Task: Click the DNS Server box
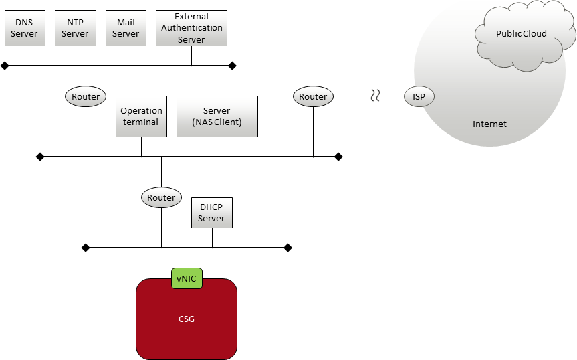point(25,28)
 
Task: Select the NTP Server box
point(76,28)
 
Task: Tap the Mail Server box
point(126,28)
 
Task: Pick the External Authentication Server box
point(191,28)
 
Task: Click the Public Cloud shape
point(523,35)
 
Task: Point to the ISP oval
point(419,96)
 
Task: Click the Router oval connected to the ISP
point(313,96)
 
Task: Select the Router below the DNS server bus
point(86,96)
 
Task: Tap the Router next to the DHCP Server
point(161,197)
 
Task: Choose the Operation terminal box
point(141,116)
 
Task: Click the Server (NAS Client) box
point(217,116)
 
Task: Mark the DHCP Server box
point(212,213)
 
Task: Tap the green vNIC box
point(187,278)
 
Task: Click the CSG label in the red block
point(186,319)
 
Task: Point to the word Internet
point(489,124)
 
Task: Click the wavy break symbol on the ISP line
point(375,96)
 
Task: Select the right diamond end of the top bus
point(232,66)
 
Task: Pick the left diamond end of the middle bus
point(40,157)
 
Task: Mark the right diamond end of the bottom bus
point(288,248)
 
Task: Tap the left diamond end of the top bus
point(5,66)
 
